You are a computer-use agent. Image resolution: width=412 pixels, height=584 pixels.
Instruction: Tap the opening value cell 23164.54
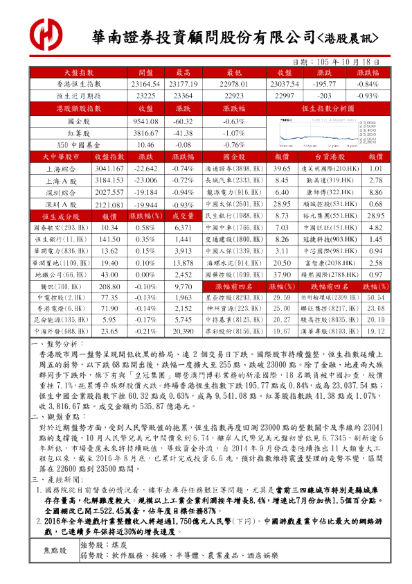click(x=146, y=83)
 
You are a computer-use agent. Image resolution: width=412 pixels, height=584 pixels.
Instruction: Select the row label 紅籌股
click(x=75, y=132)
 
